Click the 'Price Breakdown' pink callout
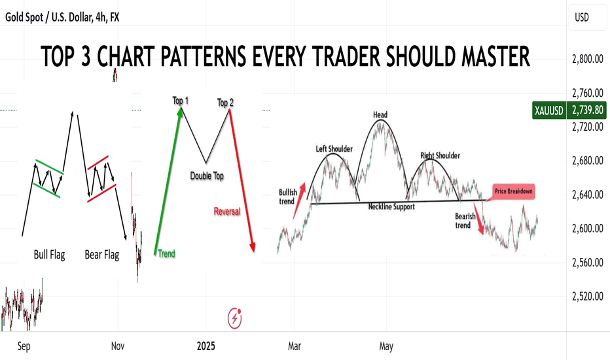[514, 192]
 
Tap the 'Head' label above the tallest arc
[380, 115]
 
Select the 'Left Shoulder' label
[334, 149]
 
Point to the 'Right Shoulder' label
[440, 156]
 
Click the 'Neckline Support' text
[391, 207]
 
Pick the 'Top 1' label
[181, 101]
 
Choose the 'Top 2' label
[225, 103]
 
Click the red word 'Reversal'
[227, 211]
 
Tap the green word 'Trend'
[166, 254]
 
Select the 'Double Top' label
[207, 176]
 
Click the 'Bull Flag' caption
[49, 255]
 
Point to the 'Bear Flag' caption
[102, 255]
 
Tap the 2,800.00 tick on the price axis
[588, 59]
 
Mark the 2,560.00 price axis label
[588, 262]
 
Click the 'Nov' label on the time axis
[118, 346]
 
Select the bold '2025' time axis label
[206, 346]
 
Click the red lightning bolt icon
[234, 318]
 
